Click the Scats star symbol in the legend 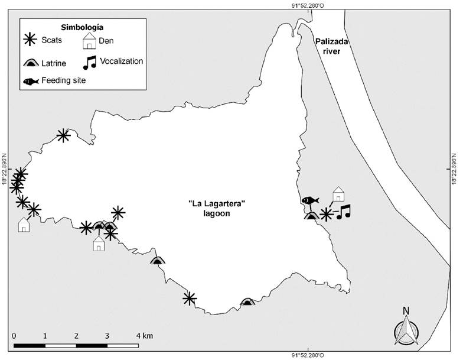pos(30,40)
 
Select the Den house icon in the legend pos(89,41)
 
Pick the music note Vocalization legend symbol pos(89,61)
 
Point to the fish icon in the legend pos(31,81)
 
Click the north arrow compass pos(406,329)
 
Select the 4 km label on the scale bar pos(144,336)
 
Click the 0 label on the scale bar pos(14,336)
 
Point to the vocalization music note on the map pos(343,211)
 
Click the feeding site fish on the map pos(311,200)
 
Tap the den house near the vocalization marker pos(338,193)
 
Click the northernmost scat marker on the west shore pos(63,135)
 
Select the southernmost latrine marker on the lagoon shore pos(248,302)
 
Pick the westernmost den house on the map pos(24,225)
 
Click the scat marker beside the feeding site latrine pos(325,214)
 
